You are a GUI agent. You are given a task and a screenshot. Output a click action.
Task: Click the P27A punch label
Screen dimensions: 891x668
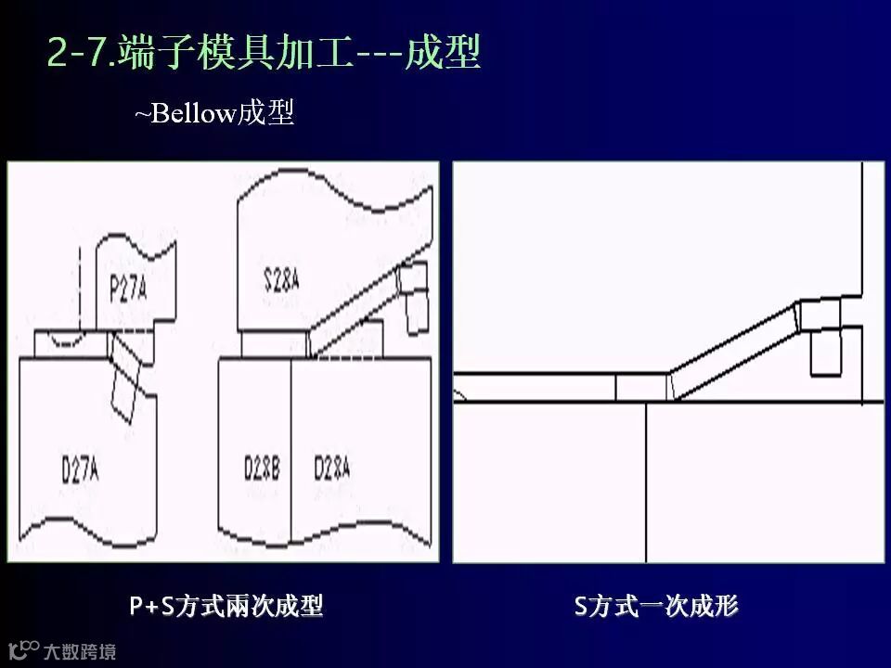click(128, 289)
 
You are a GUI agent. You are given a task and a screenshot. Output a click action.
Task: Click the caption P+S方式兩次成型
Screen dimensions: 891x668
click(226, 607)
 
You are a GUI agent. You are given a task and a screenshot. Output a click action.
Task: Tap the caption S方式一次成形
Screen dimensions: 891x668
click(656, 607)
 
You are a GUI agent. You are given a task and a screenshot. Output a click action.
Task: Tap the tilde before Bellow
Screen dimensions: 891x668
click(142, 115)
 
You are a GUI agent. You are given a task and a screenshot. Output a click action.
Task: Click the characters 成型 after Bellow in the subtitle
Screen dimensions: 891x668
click(265, 114)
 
